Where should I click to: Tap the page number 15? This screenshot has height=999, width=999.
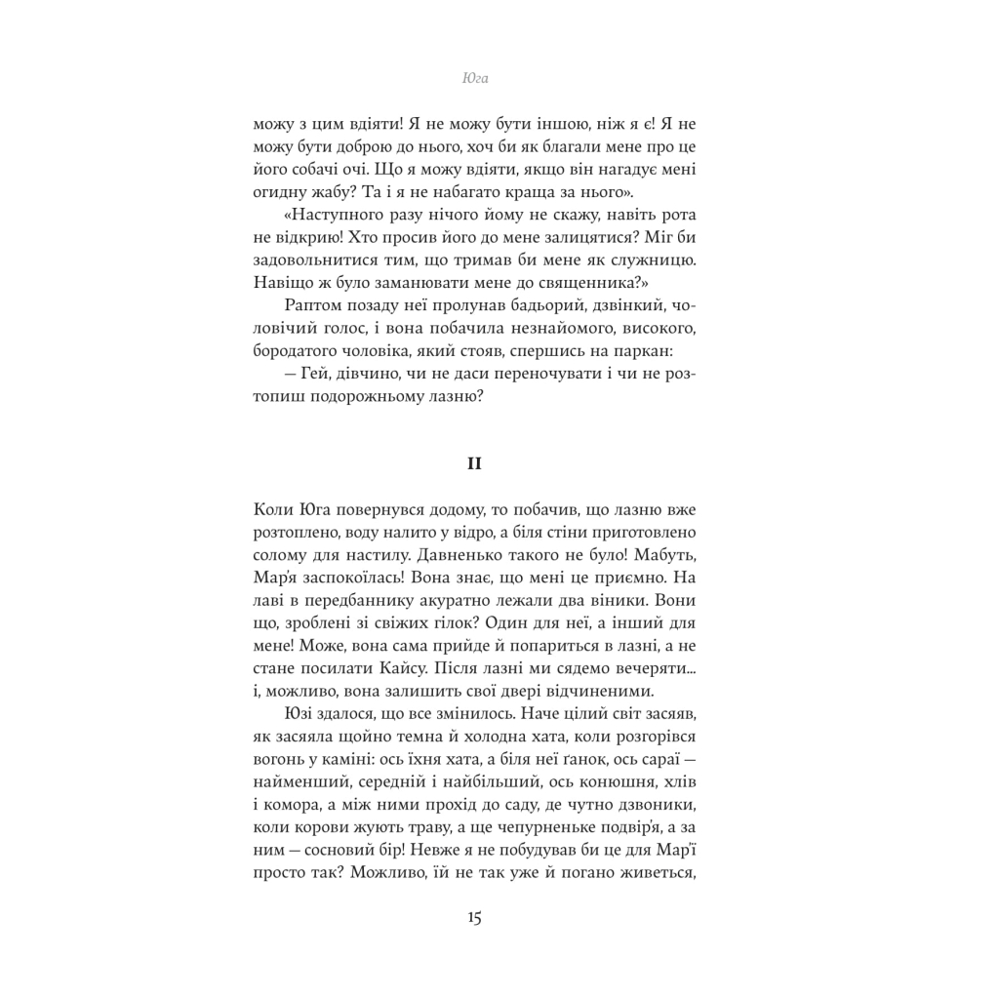pos(474,918)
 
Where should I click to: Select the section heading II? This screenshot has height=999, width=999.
pos(474,463)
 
